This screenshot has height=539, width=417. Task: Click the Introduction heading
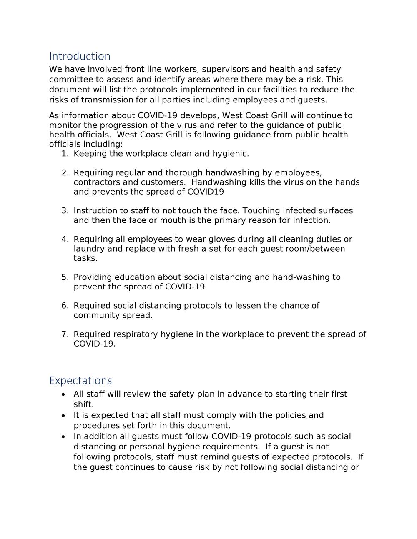coord(80,56)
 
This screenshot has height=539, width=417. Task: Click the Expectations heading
coord(80,381)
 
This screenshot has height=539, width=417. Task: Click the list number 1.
coord(64,154)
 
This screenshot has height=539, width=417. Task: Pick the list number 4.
coord(64,239)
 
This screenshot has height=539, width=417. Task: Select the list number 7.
coord(64,334)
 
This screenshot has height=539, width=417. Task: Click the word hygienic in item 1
coord(230,154)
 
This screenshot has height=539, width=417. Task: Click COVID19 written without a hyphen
coord(205,192)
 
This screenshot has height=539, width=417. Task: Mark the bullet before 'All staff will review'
coord(63,394)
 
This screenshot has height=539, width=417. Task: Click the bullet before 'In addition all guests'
coord(63,437)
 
